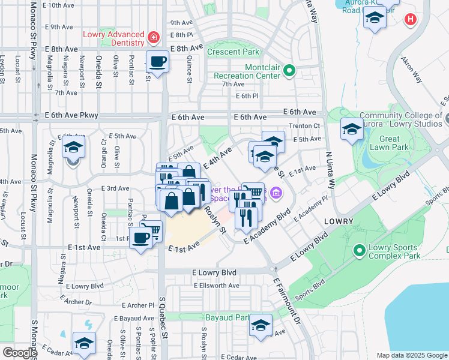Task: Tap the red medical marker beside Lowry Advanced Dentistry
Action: pos(154,38)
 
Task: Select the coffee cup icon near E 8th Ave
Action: pos(157,61)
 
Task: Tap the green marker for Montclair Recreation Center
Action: pos(289,71)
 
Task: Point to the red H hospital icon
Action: pos(411,20)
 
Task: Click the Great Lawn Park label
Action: pos(390,143)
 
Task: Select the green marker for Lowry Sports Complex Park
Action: pos(360,250)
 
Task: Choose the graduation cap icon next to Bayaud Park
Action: pos(261,325)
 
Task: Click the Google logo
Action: pos(20,353)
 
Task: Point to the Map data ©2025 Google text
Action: pos(411,355)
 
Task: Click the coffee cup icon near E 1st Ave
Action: pos(141,238)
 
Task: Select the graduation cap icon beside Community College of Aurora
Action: pos(352,128)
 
